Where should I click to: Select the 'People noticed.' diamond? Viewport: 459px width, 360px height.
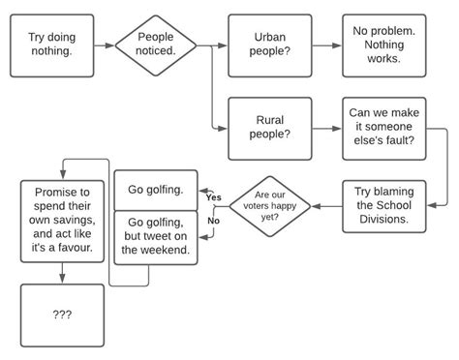point(156,44)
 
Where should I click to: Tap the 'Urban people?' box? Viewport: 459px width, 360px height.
point(269,45)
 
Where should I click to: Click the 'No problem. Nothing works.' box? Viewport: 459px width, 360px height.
point(383,45)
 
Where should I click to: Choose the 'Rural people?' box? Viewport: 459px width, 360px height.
point(269,128)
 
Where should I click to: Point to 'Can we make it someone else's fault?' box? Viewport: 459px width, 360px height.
point(383,128)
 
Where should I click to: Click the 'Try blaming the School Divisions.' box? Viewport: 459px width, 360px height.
point(383,205)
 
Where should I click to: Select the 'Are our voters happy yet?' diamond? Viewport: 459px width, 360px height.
point(270,205)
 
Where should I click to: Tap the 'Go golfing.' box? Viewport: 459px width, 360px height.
point(156,189)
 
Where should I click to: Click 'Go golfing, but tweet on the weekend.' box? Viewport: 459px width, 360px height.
point(156,236)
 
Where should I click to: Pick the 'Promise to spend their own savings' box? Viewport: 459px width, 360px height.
point(62,221)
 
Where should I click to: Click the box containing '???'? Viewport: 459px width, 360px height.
point(62,315)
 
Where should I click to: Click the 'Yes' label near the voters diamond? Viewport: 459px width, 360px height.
point(214,197)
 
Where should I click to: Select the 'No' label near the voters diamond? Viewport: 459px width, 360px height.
point(213,221)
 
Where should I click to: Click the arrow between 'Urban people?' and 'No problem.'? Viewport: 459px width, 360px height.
point(320,45)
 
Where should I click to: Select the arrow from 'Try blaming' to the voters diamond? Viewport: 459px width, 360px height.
point(327,205)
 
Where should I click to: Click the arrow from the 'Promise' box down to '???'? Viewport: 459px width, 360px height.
point(62,273)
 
